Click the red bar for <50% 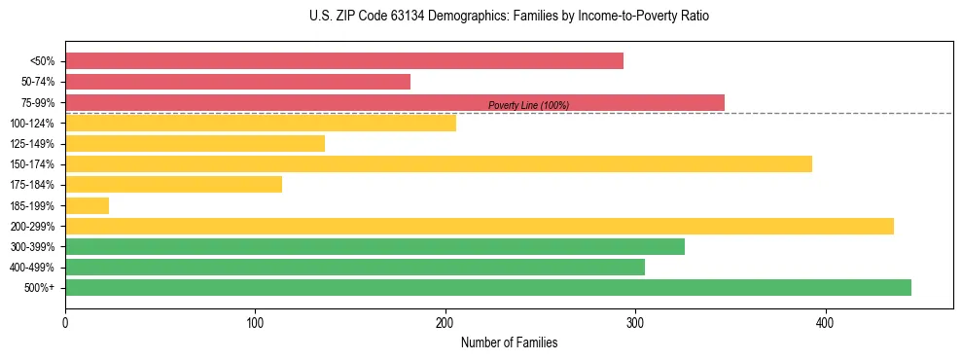click(344, 61)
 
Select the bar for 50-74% click(238, 82)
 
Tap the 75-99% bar click(395, 102)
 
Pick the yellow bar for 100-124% click(261, 123)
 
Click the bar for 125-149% click(195, 143)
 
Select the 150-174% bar click(439, 164)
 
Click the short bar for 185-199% click(87, 205)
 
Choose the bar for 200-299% click(480, 226)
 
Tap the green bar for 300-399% click(374, 246)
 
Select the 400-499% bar click(355, 267)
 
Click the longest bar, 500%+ click(488, 287)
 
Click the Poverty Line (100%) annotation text click(528, 105)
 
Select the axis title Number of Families click(509, 342)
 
